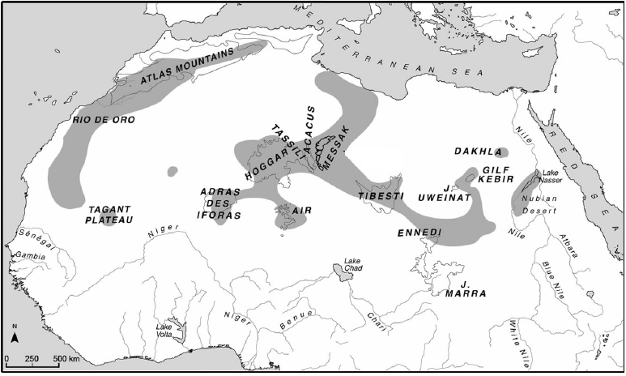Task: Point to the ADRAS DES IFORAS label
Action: pos(220,203)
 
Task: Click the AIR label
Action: pos(302,210)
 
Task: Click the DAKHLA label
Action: pos(473,152)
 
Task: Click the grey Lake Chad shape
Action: pos(343,271)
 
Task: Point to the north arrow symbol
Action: pos(15,334)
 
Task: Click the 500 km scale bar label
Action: pos(66,358)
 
